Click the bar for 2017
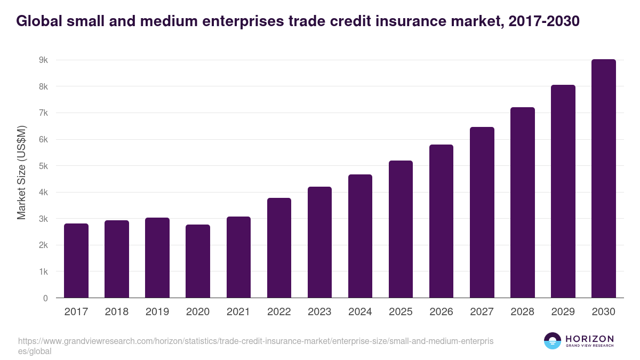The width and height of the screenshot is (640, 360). point(76,261)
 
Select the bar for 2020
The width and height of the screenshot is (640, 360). point(198,261)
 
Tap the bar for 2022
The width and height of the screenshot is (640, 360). point(279,248)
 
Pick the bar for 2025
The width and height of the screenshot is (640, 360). point(401,229)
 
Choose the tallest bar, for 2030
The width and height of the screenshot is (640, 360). point(603,179)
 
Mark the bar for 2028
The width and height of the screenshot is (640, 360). point(522,203)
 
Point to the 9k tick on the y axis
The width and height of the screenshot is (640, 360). point(43,60)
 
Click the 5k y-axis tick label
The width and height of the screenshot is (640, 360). point(43,166)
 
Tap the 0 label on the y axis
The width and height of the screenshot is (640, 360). point(45,298)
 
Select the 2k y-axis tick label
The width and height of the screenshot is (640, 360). point(43,245)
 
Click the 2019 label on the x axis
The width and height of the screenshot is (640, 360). point(157,312)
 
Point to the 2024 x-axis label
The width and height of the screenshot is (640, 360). point(360,312)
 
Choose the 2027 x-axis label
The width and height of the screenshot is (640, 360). point(482,312)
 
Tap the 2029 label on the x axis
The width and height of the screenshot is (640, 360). point(563,312)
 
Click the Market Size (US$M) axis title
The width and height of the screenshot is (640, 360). point(22,172)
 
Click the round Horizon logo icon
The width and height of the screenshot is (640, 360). point(553,341)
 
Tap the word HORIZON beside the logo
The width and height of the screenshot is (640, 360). point(589,339)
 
